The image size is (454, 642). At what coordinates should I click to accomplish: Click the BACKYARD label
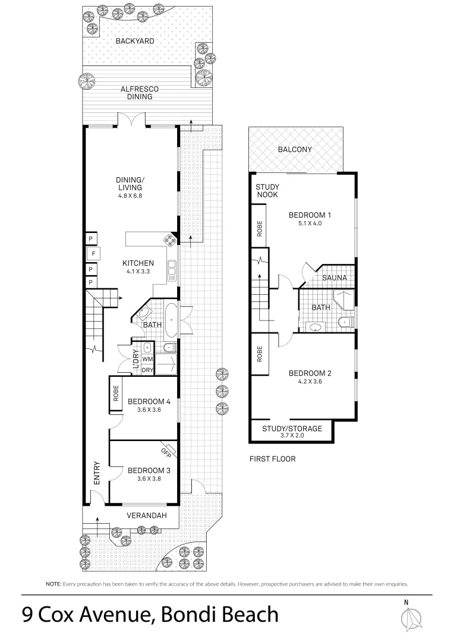135,41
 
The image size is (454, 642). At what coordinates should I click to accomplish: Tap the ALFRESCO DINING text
140,93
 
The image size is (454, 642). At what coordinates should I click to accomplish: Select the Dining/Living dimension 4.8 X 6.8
130,196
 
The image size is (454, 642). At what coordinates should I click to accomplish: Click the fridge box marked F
93,254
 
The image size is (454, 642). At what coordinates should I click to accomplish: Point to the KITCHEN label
138,263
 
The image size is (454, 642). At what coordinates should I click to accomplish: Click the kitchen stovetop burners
170,240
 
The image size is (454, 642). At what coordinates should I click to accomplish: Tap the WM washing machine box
147,359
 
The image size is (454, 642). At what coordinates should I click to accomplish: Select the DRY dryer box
147,370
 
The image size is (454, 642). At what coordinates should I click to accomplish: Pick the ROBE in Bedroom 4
116,394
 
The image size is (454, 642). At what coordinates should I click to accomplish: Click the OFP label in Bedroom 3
166,452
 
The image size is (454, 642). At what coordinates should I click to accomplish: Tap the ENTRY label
97,473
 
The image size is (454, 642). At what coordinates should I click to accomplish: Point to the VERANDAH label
147,515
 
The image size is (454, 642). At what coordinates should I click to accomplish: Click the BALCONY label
295,149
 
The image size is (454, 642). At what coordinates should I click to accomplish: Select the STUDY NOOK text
267,191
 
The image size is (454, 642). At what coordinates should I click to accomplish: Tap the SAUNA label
335,278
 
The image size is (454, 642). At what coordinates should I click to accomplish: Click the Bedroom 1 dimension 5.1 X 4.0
310,223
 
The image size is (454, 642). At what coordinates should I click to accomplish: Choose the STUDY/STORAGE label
292,428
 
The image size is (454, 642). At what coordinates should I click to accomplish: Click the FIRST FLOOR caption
272,459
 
